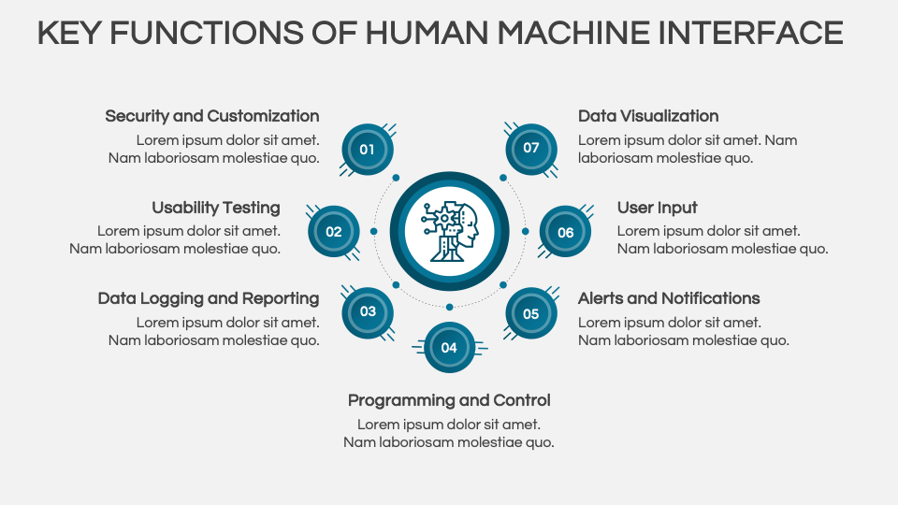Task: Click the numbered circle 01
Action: [x=368, y=149]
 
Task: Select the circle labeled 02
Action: [x=334, y=232]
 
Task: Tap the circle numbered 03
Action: [x=368, y=312]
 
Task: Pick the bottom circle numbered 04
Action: [x=449, y=347]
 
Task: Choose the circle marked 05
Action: [x=530, y=313]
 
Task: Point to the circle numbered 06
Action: [x=565, y=232]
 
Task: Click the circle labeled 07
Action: [x=530, y=148]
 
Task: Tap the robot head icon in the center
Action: [x=450, y=230]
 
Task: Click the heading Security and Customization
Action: [x=212, y=116]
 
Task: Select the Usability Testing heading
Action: [x=216, y=208]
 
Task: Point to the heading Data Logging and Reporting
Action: [x=209, y=298]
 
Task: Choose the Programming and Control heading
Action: [x=449, y=400]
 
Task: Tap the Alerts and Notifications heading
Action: [x=669, y=298]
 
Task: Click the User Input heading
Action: [x=658, y=208]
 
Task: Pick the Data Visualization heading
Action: [x=648, y=116]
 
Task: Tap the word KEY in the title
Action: [x=68, y=33]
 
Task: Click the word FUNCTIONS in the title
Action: [x=205, y=33]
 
